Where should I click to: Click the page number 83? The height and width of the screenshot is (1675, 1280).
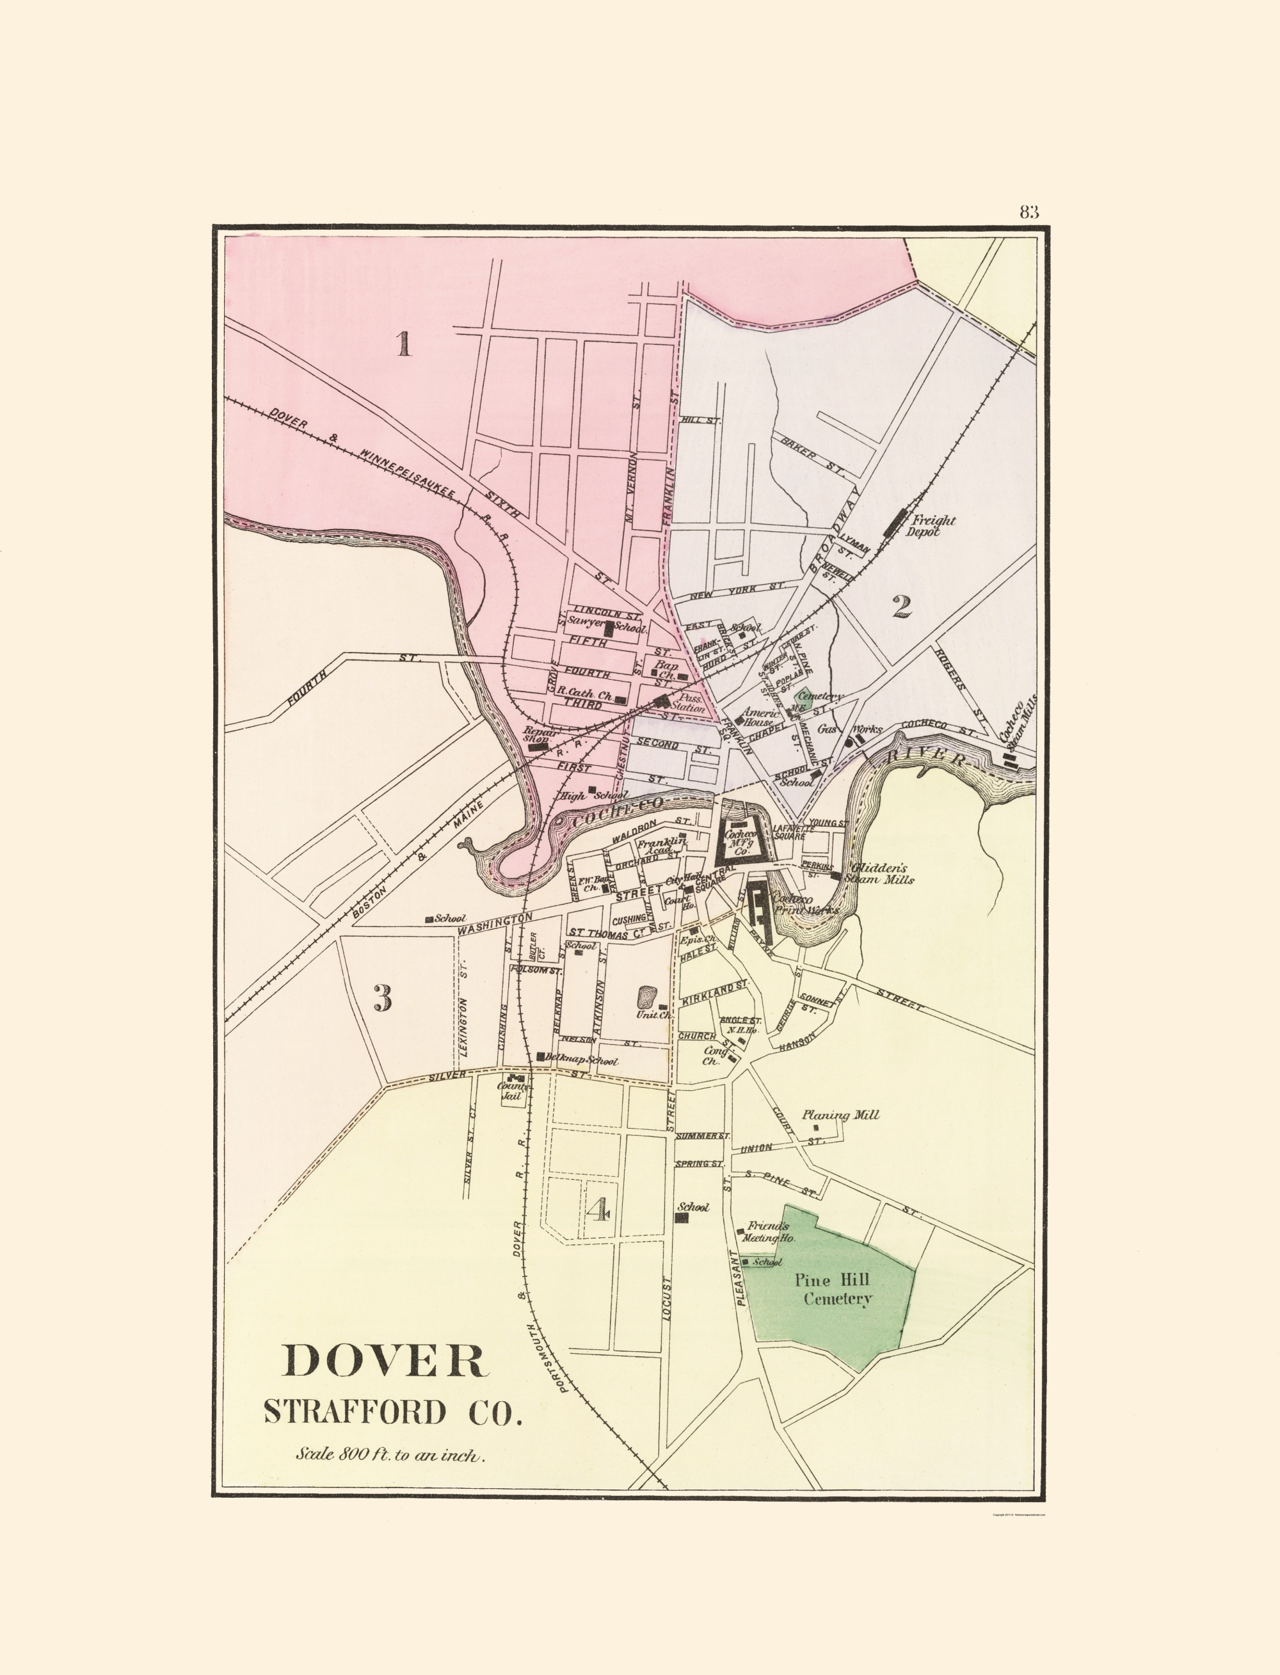click(1028, 212)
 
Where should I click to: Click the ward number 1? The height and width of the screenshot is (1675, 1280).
click(403, 344)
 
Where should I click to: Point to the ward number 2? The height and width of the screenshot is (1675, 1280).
click(901, 607)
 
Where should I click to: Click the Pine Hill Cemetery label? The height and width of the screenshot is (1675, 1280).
click(836, 1289)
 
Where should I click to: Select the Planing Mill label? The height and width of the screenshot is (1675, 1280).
click(840, 1115)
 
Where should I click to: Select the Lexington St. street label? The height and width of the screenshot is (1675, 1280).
click(465, 1007)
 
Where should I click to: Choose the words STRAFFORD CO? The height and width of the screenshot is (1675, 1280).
click(393, 1411)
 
